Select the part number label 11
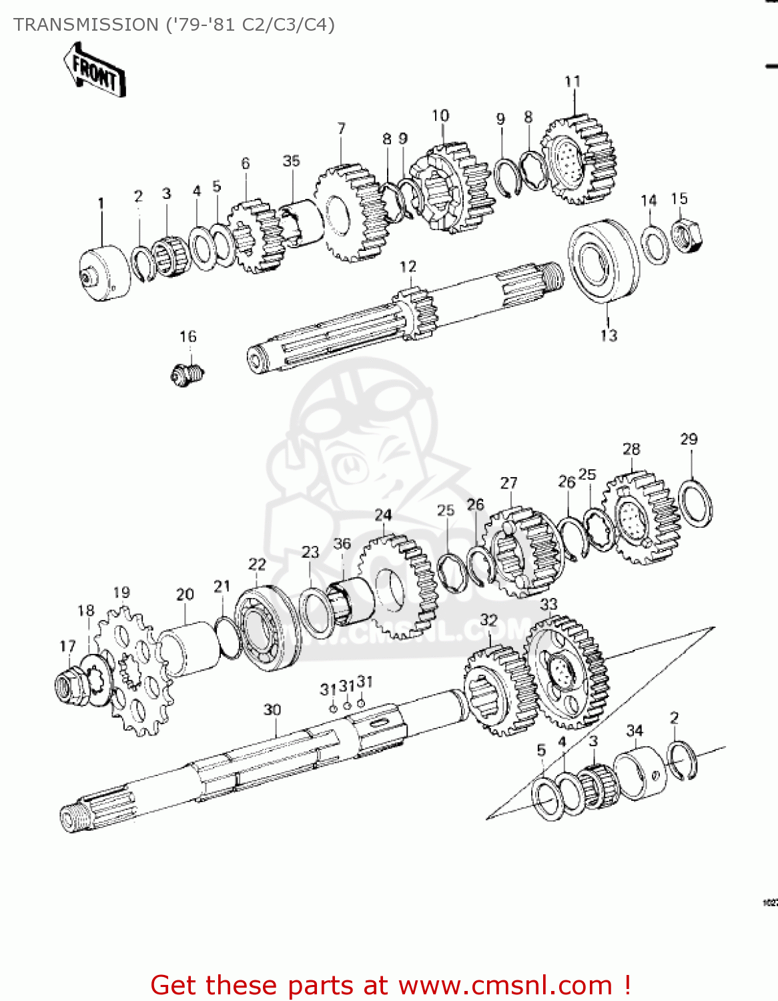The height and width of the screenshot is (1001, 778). (572, 81)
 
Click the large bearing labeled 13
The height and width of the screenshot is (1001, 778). (603, 261)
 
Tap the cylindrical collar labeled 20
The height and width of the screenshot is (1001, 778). (189, 647)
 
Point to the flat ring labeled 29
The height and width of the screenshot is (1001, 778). (695, 503)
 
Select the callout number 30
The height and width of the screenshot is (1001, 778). (272, 709)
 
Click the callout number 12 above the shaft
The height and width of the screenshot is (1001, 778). (408, 266)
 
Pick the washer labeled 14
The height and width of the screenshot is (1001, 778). (655, 245)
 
